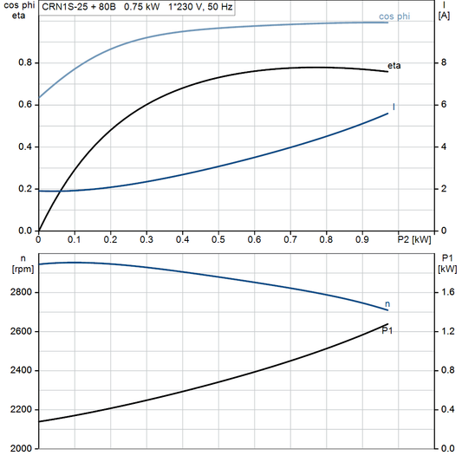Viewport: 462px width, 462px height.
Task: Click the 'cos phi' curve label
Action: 394,16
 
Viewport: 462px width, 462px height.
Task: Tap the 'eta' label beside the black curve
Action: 394,65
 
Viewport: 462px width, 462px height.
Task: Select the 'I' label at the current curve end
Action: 394,107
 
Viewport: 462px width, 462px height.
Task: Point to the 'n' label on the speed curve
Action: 387,303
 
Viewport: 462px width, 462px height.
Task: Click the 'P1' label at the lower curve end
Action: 387,330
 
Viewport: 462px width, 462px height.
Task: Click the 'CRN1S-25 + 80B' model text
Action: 79,6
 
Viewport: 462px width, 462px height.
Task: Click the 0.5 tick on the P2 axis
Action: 218,238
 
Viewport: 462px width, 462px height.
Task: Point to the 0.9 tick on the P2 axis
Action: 361,238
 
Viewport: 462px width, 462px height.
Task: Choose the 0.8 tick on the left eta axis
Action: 24,63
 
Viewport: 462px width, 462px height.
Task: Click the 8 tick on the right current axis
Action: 443,63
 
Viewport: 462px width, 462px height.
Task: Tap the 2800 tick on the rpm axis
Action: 20,293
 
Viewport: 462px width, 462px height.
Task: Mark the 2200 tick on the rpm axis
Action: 20,410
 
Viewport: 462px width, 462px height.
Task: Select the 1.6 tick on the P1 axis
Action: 447,293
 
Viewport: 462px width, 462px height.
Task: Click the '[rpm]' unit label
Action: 20,269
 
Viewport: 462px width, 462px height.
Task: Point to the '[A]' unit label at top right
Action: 444,16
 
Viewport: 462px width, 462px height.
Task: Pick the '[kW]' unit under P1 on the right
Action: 448,269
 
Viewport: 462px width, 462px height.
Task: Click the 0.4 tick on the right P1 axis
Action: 447,410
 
